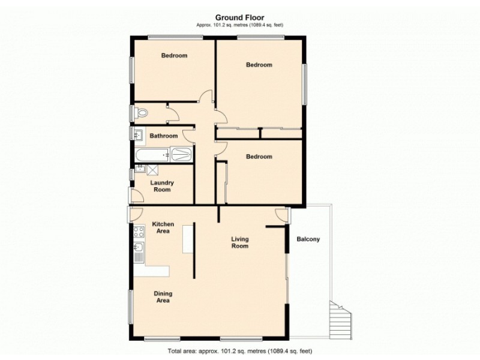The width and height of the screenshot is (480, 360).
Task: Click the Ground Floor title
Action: coord(239,17)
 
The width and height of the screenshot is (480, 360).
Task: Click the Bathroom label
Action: coord(163,136)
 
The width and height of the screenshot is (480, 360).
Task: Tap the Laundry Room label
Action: coord(161,186)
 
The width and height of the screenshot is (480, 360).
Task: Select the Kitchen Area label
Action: coord(163,227)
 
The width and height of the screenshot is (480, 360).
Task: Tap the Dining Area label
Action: coord(163,297)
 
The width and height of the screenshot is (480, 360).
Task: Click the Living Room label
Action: coord(240,242)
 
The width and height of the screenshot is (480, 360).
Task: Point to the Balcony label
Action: coord(308,239)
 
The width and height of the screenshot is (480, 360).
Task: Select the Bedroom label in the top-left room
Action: coord(174,56)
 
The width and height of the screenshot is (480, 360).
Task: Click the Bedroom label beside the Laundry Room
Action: coord(259,157)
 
